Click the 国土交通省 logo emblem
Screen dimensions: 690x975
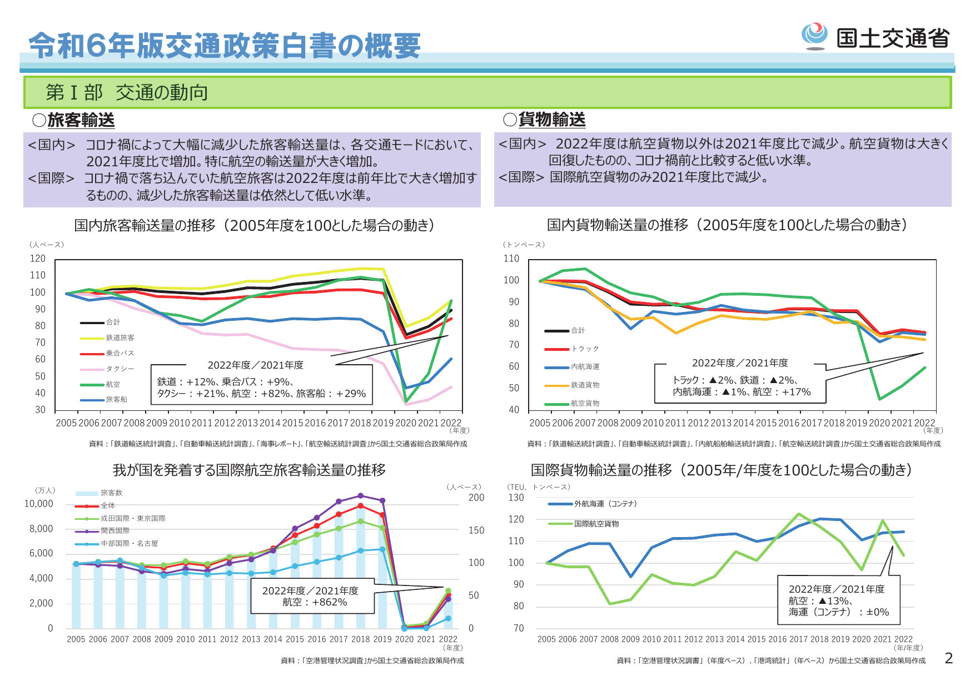point(814,36)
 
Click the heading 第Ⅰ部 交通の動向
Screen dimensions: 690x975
point(127,92)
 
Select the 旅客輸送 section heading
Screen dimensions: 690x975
point(81,120)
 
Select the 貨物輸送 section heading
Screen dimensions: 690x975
point(551,120)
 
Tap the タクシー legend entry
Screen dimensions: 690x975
point(120,369)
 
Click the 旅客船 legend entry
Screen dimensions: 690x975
point(116,399)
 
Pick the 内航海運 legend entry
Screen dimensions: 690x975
point(585,367)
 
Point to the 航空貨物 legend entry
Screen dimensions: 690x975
point(585,403)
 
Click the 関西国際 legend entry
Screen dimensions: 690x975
point(115,530)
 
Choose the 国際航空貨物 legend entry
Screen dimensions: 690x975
point(596,524)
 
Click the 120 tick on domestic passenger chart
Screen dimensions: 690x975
point(38,259)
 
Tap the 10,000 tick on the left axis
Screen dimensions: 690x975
point(38,504)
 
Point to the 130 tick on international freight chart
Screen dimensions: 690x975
point(516,498)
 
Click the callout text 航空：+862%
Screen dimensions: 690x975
point(315,602)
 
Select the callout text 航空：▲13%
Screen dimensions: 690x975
point(819,601)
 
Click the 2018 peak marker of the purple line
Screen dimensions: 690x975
point(360,495)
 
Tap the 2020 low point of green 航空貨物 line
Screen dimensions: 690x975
point(879,399)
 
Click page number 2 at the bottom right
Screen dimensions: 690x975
point(948,658)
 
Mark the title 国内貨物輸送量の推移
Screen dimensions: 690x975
point(617,225)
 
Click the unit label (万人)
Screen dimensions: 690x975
point(45,490)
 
